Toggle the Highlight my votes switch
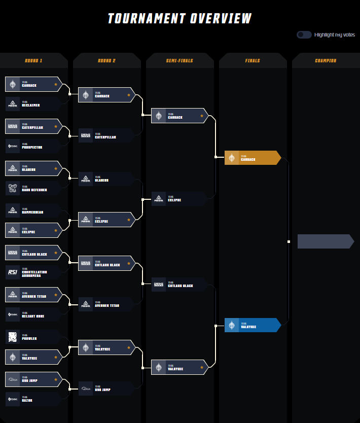tap(304, 34)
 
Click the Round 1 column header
tap(33, 61)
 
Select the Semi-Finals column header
tap(179, 61)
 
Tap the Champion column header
tap(326, 61)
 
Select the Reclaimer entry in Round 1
tap(33, 104)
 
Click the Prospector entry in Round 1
tap(33, 146)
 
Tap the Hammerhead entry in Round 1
tap(33, 210)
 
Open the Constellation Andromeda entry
tap(33, 272)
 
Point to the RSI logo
tap(13, 272)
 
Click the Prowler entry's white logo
tap(13, 337)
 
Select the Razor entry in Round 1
tap(33, 399)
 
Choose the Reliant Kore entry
tap(33, 314)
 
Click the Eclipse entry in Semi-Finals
tap(179, 199)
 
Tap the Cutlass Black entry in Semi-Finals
tap(179, 285)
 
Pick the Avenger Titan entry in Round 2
tap(106, 304)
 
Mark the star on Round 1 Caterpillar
tap(56, 126)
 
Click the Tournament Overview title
tap(179, 19)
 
